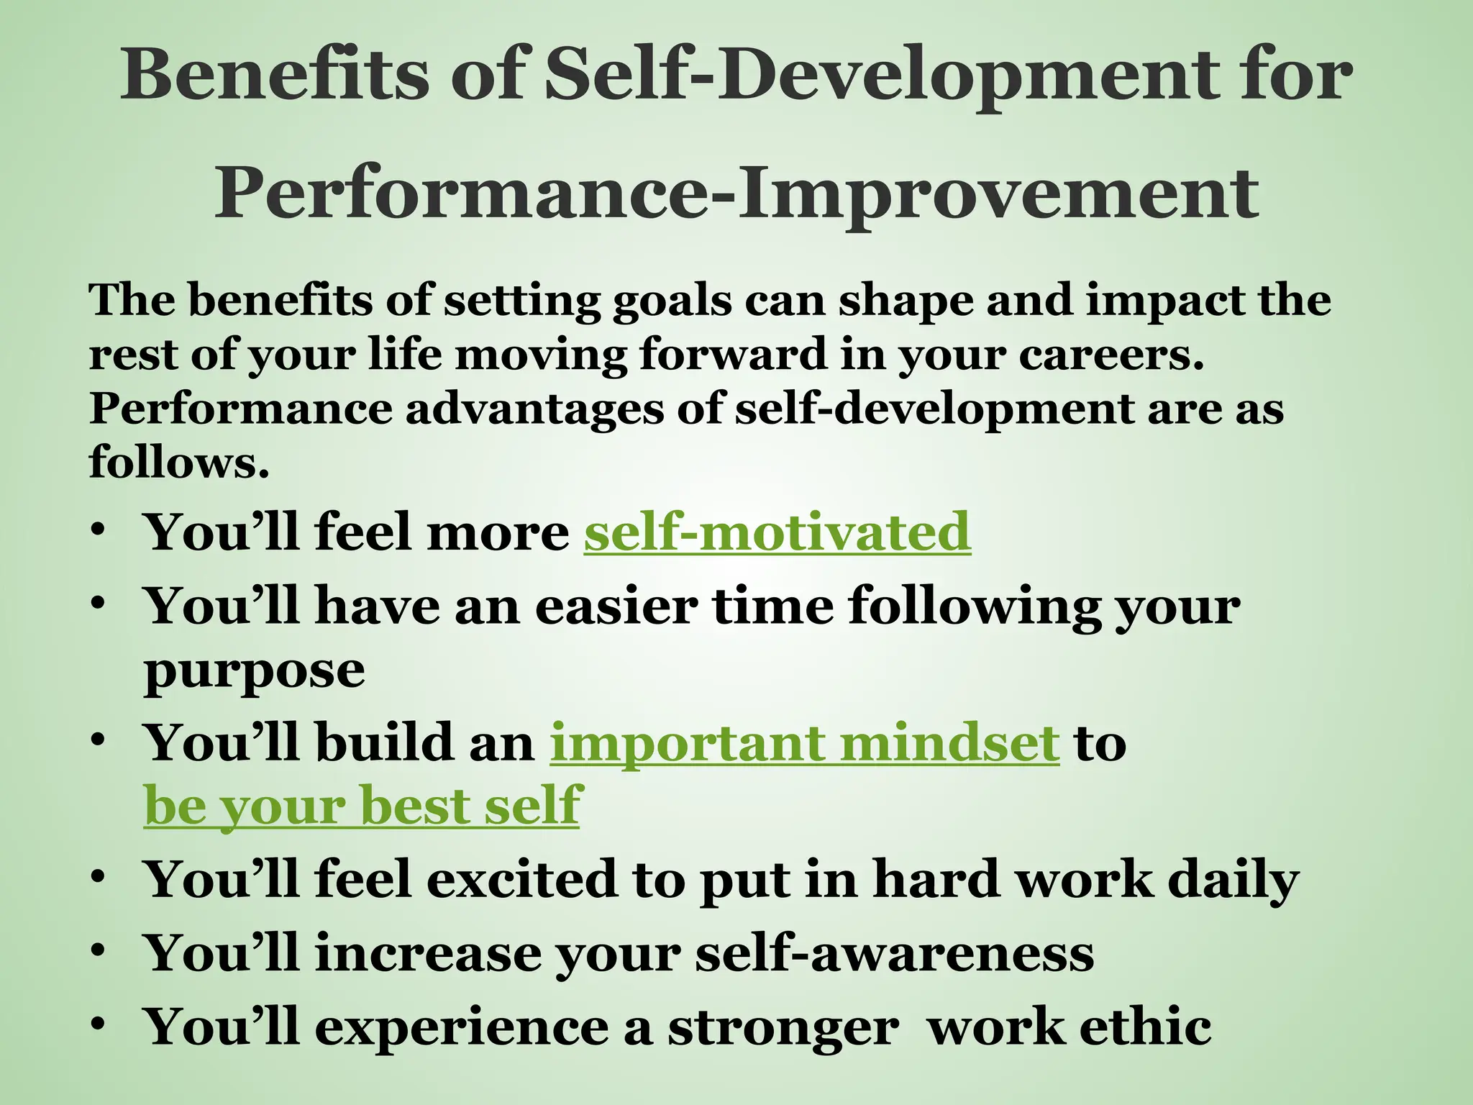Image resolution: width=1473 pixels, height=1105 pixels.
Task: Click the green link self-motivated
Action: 777,532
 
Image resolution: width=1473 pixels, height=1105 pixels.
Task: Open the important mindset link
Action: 804,743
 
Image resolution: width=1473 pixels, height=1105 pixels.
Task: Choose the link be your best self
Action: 362,806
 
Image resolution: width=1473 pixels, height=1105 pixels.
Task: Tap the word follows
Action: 178,462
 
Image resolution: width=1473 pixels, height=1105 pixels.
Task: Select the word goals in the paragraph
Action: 672,301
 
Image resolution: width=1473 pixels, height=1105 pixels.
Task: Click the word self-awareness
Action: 894,953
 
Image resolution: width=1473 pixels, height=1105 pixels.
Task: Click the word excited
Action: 523,880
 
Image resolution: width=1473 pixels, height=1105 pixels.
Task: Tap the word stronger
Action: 783,1028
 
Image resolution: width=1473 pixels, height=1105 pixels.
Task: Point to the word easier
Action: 616,606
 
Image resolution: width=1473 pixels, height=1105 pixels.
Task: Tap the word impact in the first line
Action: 1165,301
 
